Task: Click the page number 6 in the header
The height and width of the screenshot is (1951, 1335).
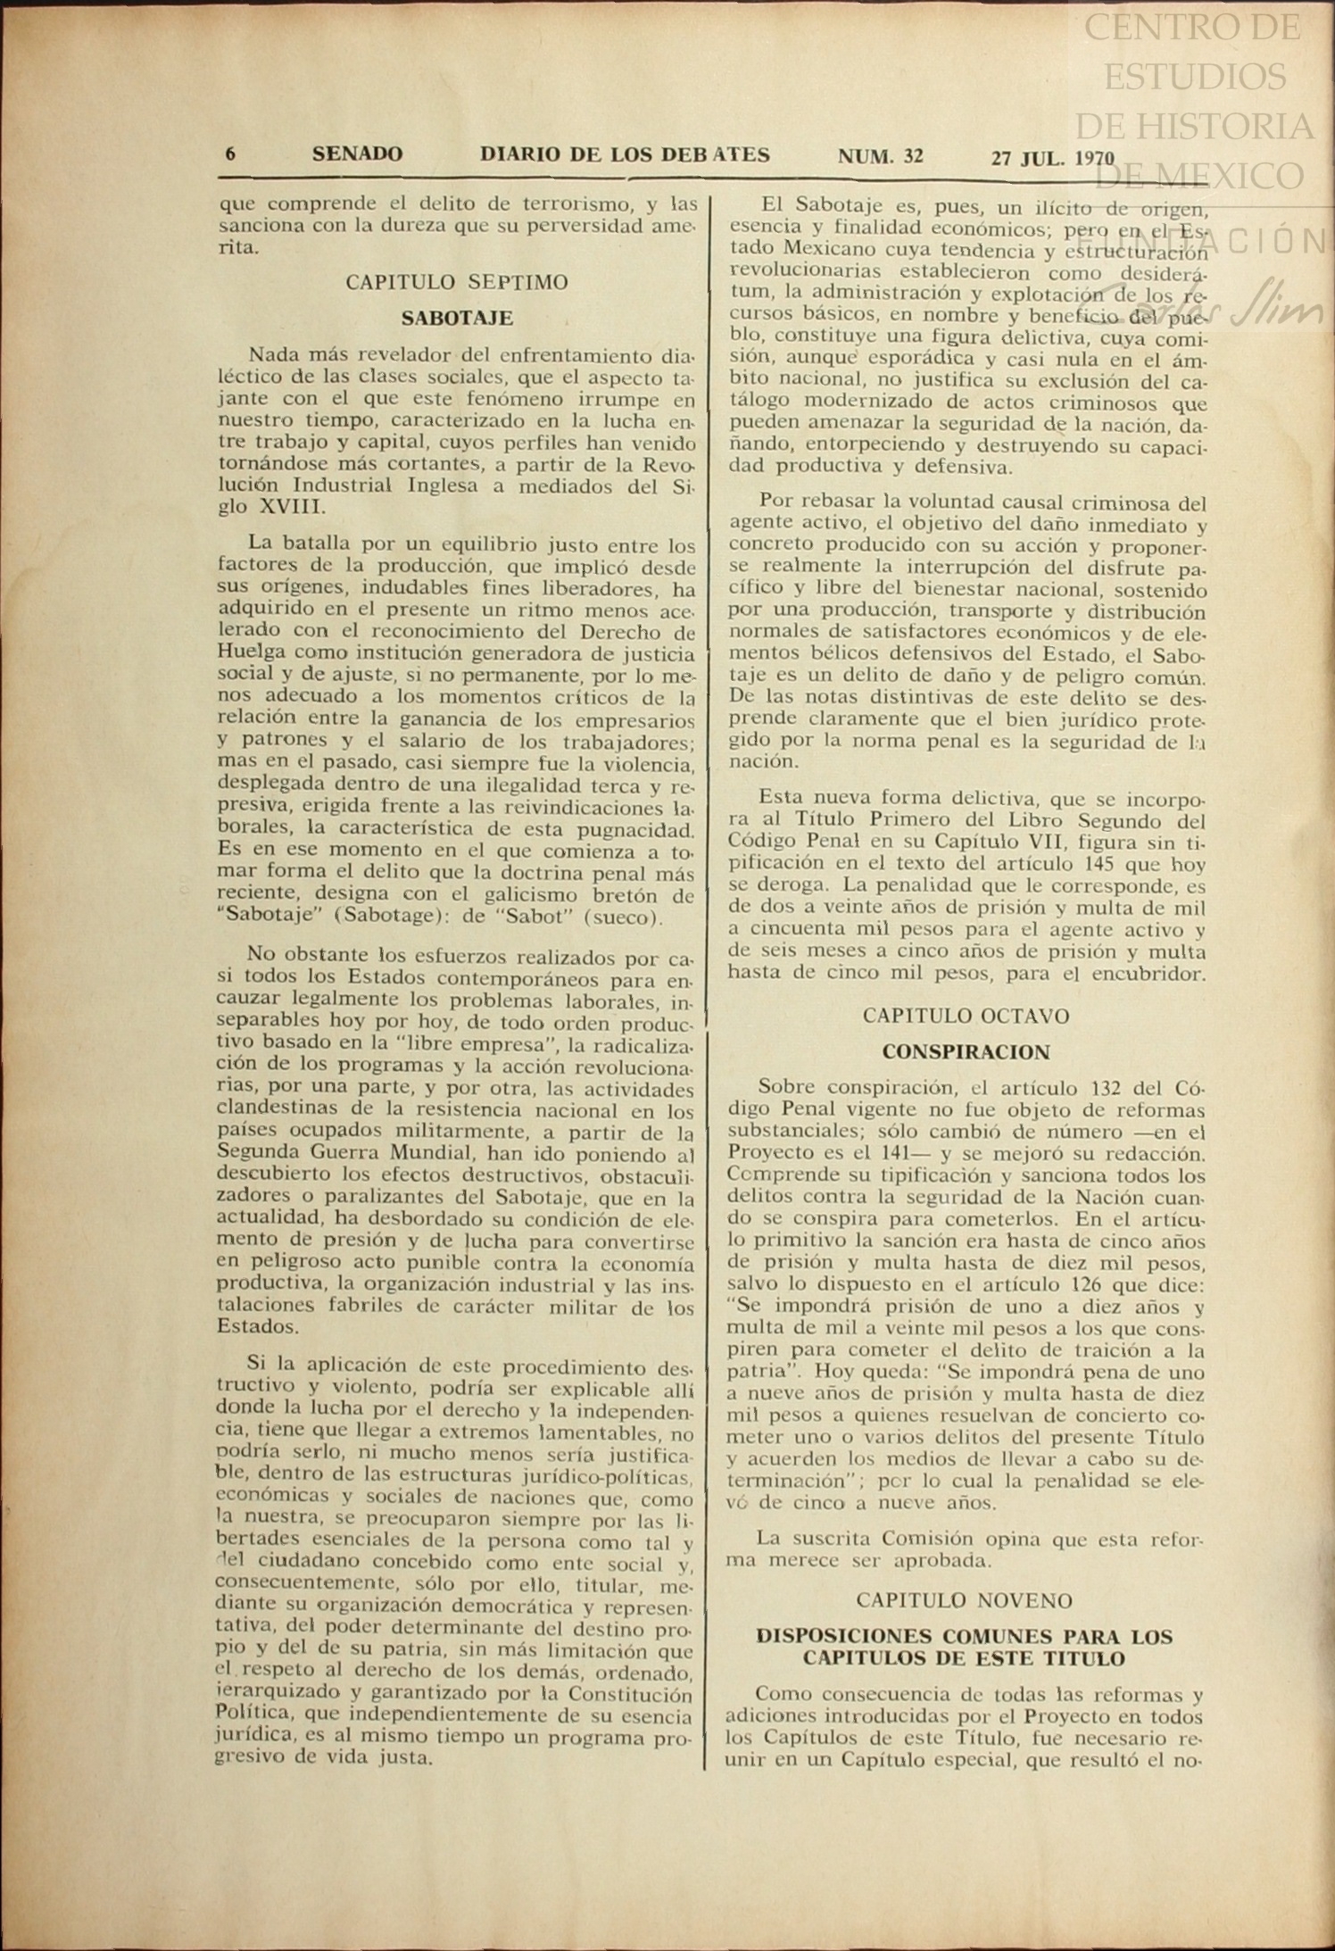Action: [x=230, y=154]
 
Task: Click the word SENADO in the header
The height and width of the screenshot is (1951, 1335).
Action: [x=357, y=154]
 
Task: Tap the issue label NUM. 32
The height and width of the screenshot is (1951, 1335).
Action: [x=880, y=157]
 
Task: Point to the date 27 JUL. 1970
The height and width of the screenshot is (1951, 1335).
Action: [x=1052, y=159]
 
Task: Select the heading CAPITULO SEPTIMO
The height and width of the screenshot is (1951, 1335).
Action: [x=457, y=283]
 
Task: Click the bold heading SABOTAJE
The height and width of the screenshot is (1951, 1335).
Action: [x=457, y=318]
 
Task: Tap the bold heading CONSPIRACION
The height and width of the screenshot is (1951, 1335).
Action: [x=966, y=1052]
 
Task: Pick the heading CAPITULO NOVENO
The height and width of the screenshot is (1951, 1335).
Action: [x=964, y=1600]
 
